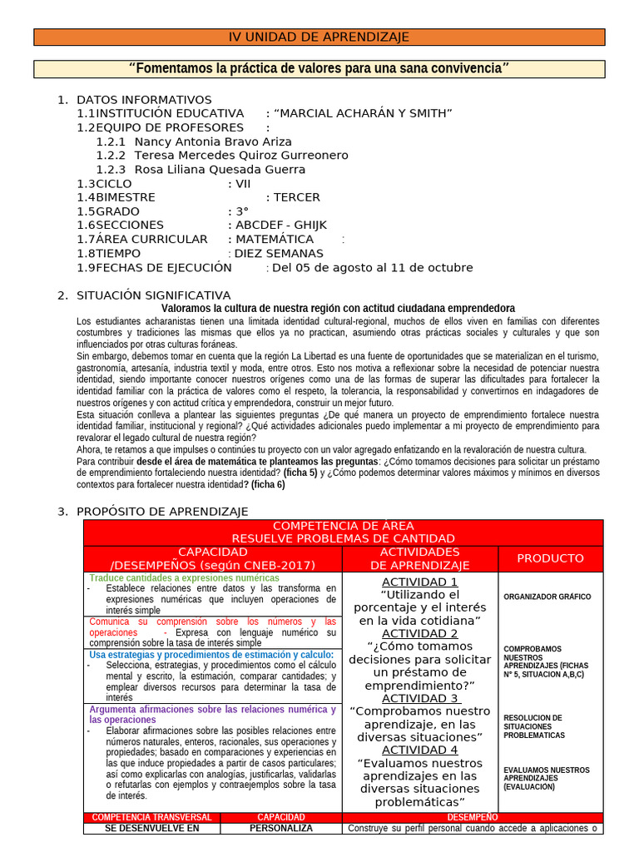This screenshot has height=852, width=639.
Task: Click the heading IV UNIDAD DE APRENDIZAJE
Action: click(x=319, y=37)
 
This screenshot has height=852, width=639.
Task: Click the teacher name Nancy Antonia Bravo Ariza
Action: click(x=212, y=141)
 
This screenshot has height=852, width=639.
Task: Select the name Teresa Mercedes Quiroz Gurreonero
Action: click(x=240, y=156)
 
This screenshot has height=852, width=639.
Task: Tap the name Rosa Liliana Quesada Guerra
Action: click(x=220, y=170)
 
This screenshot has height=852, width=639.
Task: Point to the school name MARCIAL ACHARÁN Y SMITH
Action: click(x=363, y=113)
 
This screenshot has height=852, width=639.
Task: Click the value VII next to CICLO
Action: click(x=243, y=184)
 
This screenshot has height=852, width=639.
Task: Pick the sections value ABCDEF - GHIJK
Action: click(x=281, y=225)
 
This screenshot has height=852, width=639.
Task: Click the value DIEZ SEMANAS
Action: click(x=279, y=254)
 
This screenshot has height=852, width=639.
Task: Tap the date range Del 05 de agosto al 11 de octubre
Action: click(x=372, y=268)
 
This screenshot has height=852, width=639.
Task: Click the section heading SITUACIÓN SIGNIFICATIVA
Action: click(x=153, y=295)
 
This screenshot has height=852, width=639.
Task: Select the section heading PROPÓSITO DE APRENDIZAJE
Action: click(x=161, y=512)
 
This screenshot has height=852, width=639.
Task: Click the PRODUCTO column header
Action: click(x=550, y=558)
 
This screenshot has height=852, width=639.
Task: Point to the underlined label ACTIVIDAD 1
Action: click(x=419, y=582)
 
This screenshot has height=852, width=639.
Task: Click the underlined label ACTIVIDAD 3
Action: click(x=419, y=698)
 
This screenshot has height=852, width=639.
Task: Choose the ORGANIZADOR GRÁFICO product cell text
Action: click(x=547, y=597)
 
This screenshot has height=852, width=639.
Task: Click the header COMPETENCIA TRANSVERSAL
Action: click(x=151, y=817)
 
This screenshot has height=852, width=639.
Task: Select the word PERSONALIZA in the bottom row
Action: click(x=281, y=829)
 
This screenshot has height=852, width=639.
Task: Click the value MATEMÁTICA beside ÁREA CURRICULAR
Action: click(x=275, y=240)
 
